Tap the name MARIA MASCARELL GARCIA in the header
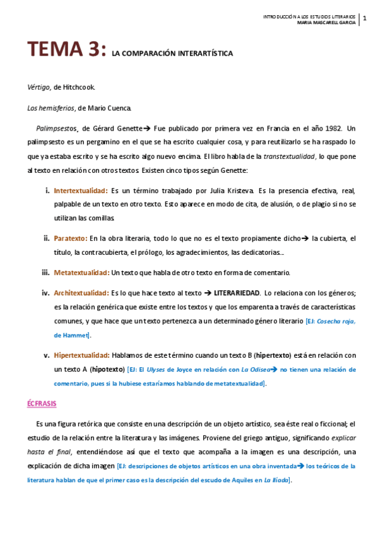pyautogui.click(x=326, y=24)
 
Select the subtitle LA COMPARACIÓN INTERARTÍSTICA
pyautogui.click(x=172, y=54)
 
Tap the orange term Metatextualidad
pyautogui.click(x=81, y=273)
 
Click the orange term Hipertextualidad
pyautogui.click(x=82, y=355)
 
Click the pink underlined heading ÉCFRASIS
pyautogui.click(x=42, y=402)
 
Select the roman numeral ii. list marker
pyautogui.click(x=46, y=238)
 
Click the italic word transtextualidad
pyautogui.click(x=290, y=156)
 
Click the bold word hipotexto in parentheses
pyautogui.click(x=109, y=369)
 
